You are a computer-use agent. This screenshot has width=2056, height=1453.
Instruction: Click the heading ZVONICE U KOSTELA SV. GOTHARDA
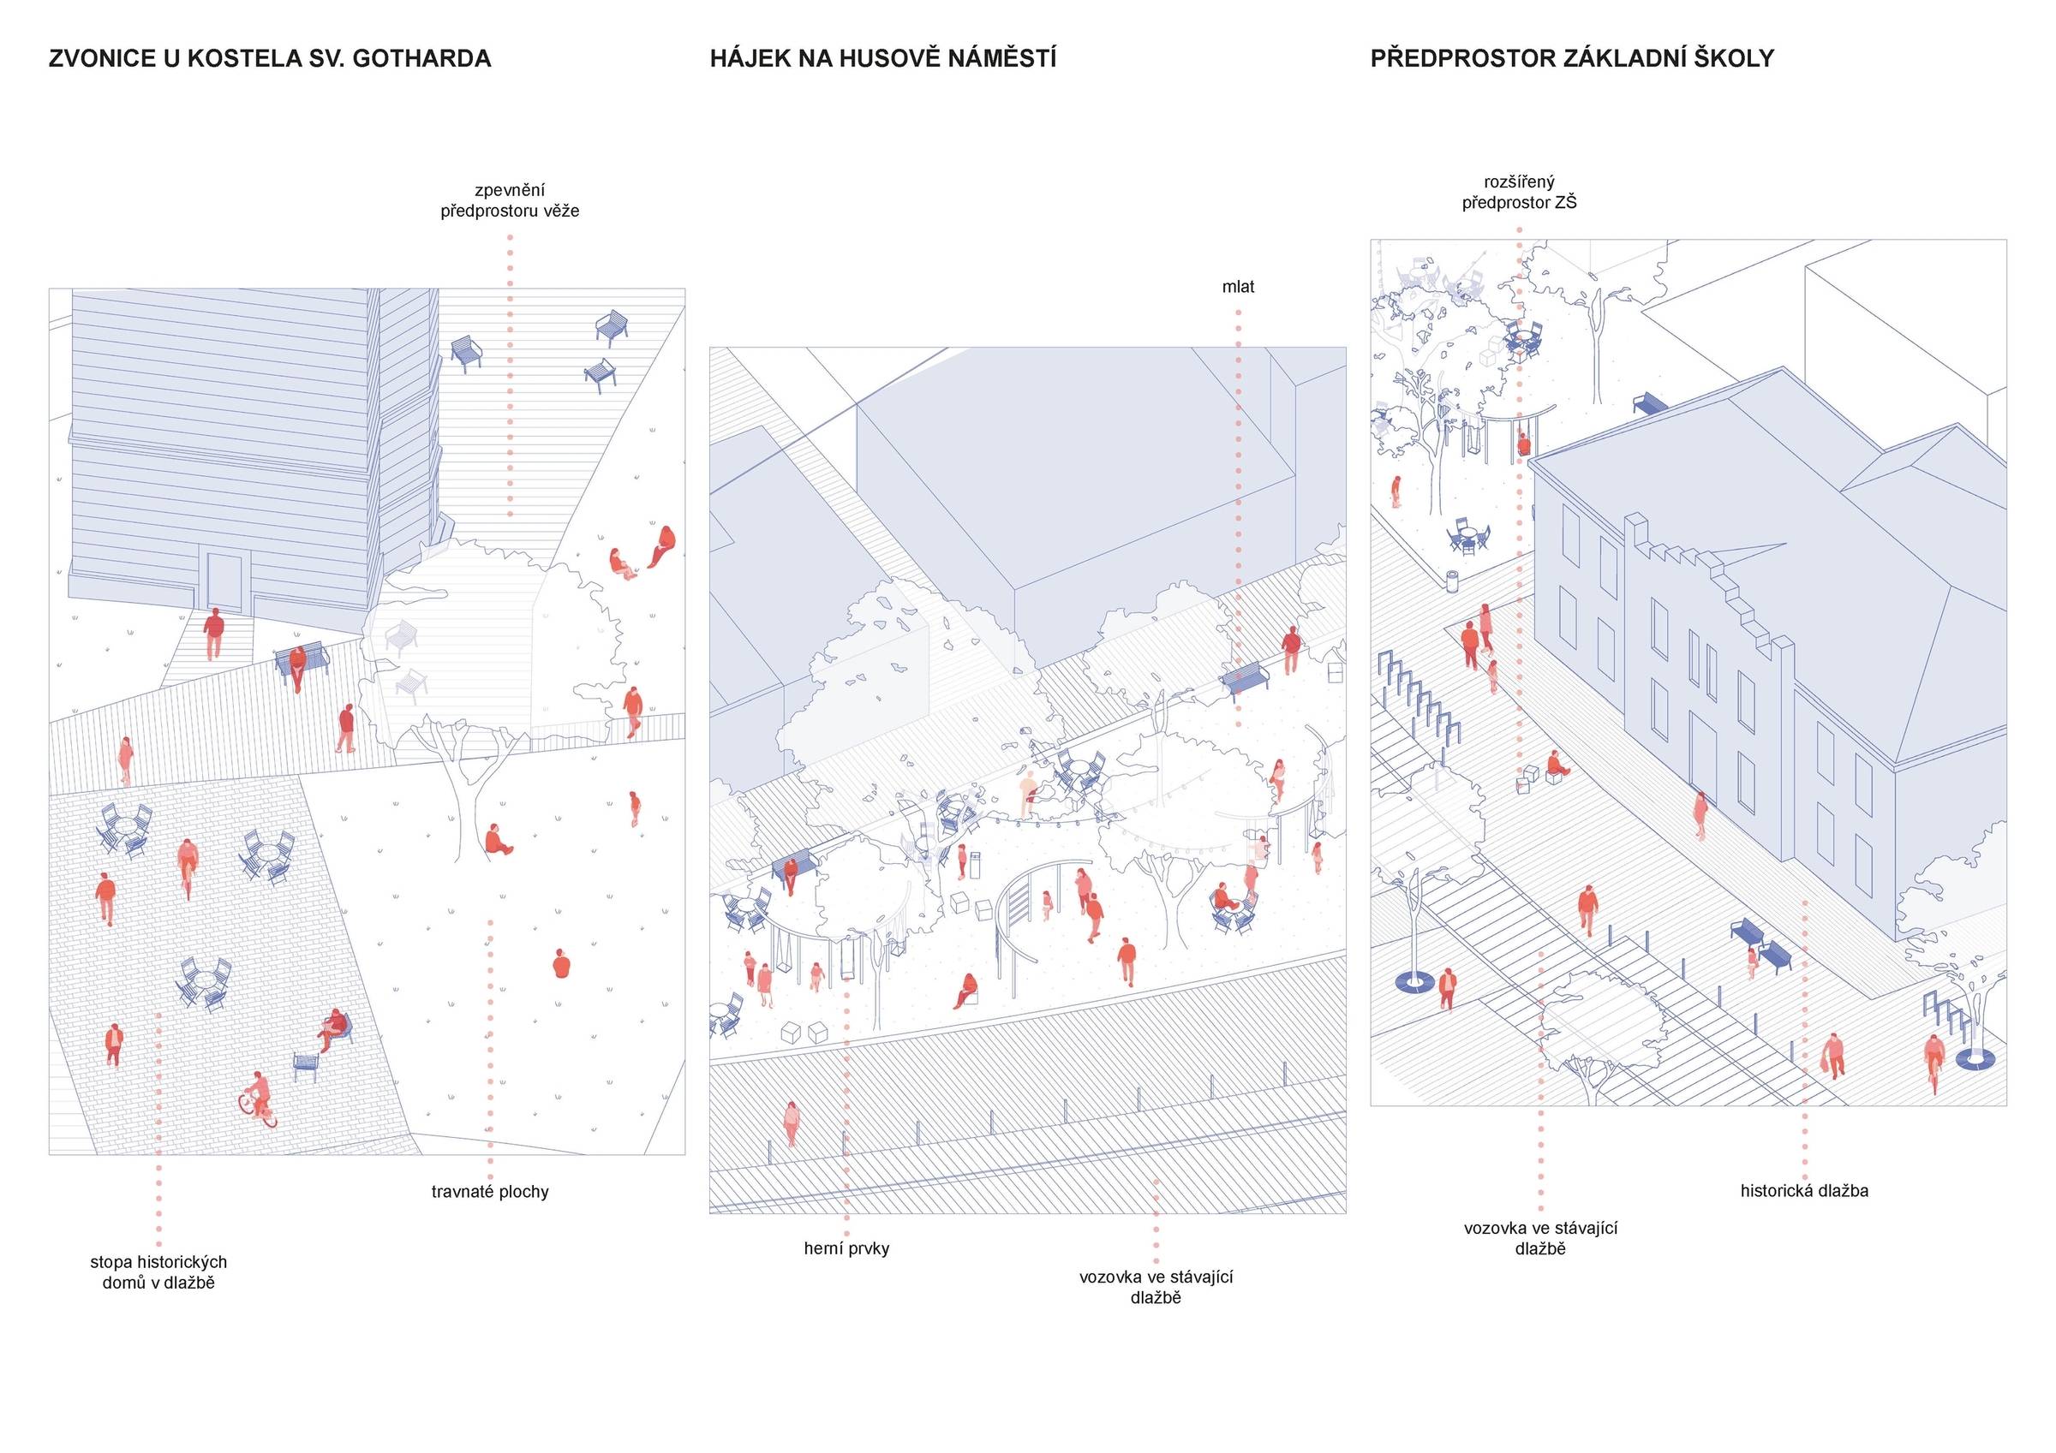pyautogui.click(x=270, y=59)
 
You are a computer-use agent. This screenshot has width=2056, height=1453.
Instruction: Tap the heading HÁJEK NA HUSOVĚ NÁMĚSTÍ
pyautogui.click(x=883, y=59)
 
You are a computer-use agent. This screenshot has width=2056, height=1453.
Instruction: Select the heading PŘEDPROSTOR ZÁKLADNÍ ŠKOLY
pyautogui.click(x=1571, y=59)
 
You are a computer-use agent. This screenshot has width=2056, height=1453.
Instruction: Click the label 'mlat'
pyautogui.click(x=1239, y=288)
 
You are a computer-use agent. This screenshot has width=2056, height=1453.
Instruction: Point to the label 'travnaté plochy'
pyautogui.click(x=490, y=1192)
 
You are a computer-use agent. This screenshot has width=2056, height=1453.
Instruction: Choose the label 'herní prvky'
pyautogui.click(x=846, y=1248)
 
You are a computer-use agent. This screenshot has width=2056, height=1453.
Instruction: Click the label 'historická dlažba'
pyautogui.click(x=1804, y=1191)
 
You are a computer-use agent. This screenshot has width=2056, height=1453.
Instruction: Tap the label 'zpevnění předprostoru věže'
pyautogui.click(x=510, y=200)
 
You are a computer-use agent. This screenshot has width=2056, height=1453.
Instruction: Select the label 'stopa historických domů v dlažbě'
pyautogui.click(x=158, y=1272)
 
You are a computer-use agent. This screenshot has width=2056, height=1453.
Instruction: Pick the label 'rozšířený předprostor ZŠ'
pyautogui.click(x=1520, y=193)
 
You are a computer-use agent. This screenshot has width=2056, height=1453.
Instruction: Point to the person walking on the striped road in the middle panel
pyautogui.click(x=791, y=1122)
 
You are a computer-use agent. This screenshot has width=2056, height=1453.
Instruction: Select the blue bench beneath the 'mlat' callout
pyautogui.click(x=1246, y=678)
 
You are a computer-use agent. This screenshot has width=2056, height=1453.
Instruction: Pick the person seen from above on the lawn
pyautogui.click(x=561, y=963)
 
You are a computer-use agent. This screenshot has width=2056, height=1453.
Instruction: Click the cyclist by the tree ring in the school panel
pyautogui.click(x=1933, y=1060)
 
